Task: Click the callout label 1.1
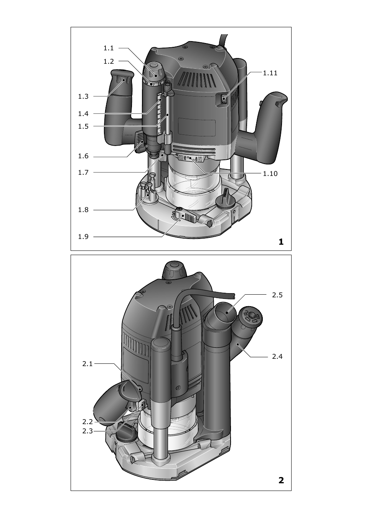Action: click(109, 48)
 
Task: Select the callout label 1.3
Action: click(83, 96)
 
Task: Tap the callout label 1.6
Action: click(83, 156)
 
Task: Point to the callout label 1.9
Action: click(83, 237)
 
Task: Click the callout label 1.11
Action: click(270, 73)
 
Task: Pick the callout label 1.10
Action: click(270, 174)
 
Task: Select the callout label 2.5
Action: click(277, 295)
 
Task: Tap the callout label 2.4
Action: click(277, 357)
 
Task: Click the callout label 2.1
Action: click(87, 364)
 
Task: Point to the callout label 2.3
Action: click(87, 431)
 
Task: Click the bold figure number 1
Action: click(281, 242)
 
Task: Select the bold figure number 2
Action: click(281, 480)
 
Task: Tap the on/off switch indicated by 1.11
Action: click(224, 99)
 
